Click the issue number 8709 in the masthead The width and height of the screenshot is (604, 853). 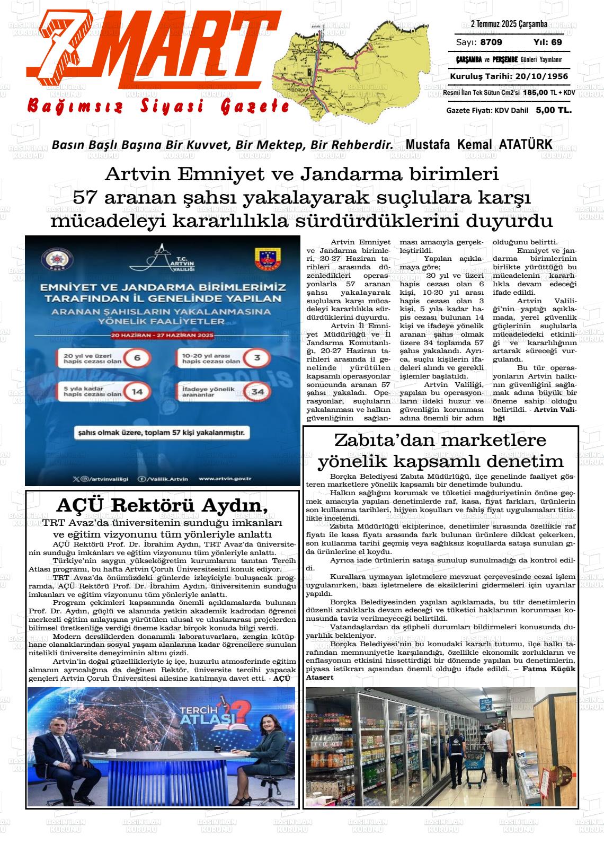pyautogui.click(x=491, y=42)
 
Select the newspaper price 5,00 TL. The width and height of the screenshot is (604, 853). pyautogui.click(x=553, y=110)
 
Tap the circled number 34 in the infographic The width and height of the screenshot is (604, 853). pyautogui.click(x=258, y=392)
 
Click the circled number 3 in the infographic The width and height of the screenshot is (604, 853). pyautogui.click(x=257, y=358)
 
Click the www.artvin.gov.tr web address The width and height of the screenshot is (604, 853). pyautogui.click(x=225, y=479)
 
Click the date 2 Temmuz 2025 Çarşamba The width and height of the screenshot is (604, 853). pyautogui.click(x=509, y=24)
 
